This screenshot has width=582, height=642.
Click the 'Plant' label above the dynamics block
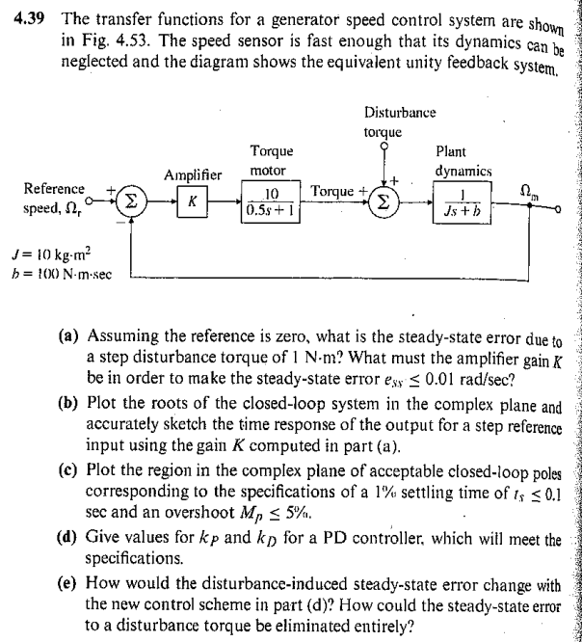click(x=453, y=150)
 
